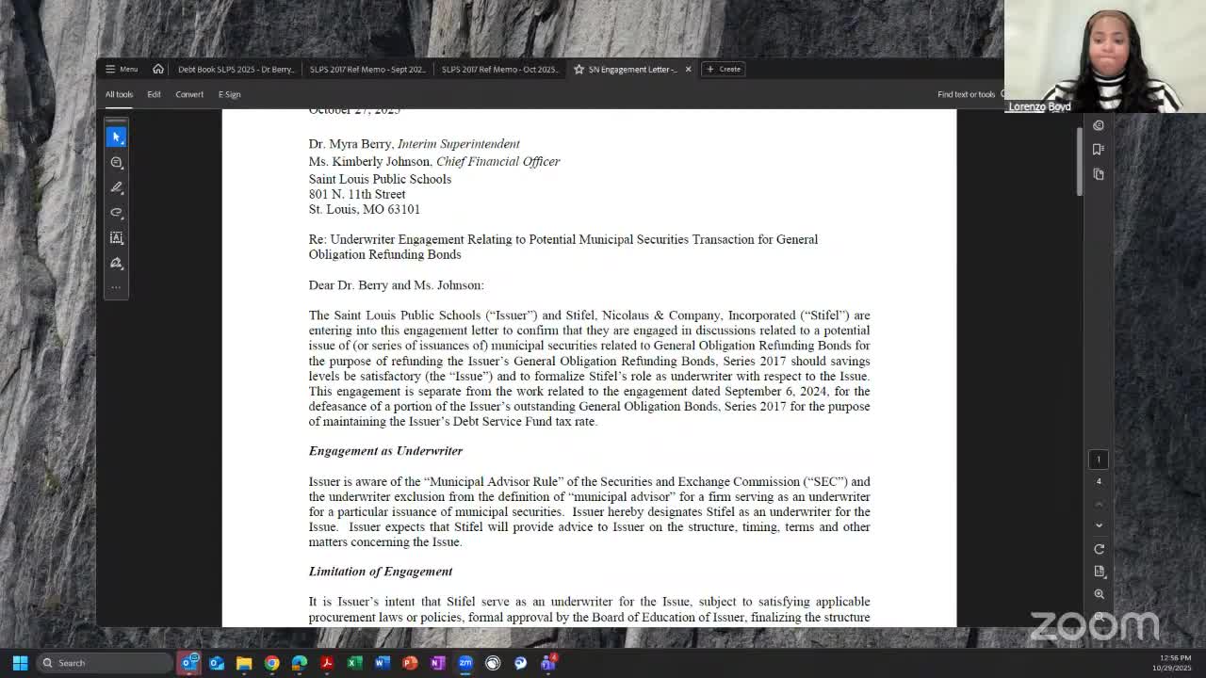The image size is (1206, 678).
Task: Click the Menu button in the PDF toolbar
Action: [122, 69]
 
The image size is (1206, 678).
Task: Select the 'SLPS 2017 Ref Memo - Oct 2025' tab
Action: [499, 69]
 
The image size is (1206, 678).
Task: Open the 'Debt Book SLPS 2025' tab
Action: [236, 69]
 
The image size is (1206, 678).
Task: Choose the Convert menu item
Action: [189, 94]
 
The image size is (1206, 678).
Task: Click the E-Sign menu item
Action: [230, 94]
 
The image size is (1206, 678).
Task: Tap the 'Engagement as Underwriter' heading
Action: [385, 451]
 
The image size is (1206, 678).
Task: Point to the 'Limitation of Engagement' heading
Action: [381, 572]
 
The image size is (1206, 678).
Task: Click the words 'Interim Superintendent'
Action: [459, 144]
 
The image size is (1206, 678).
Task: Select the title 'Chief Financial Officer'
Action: [497, 161]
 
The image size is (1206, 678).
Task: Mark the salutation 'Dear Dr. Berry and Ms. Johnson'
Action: [396, 285]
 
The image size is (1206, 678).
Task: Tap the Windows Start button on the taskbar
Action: [20, 663]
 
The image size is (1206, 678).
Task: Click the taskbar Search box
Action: [104, 663]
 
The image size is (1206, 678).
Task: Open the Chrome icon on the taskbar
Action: [272, 663]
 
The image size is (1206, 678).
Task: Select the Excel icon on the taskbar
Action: [354, 663]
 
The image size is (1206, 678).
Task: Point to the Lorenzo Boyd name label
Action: [1039, 106]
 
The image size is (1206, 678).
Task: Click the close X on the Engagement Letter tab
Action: [688, 69]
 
